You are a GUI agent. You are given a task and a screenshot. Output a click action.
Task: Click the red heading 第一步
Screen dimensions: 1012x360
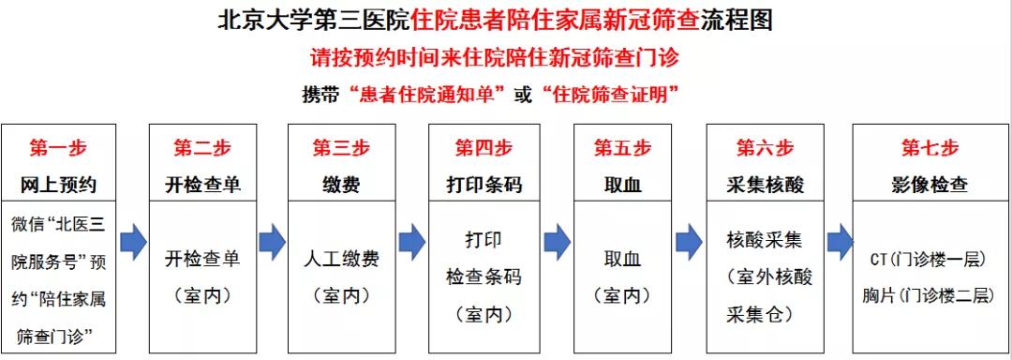point(58,148)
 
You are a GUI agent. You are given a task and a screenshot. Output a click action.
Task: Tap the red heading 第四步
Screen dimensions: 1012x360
point(484,148)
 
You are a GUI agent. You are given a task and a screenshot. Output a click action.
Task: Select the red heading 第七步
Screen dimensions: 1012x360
point(930,148)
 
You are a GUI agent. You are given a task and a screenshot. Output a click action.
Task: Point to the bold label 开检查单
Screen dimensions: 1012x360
point(201,185)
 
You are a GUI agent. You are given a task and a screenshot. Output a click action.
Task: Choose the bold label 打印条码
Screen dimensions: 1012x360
point(484,185)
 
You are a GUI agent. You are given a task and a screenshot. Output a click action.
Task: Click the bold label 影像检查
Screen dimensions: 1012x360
point(930,185)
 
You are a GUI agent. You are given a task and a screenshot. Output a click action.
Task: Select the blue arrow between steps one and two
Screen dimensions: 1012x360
point(133,241)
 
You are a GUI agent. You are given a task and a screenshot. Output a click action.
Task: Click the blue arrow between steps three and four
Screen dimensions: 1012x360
point(411,241)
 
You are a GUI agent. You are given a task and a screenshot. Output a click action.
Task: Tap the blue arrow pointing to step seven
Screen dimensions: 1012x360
point(839,241)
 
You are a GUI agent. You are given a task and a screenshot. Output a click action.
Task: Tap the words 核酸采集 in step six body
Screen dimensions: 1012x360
point(764,240)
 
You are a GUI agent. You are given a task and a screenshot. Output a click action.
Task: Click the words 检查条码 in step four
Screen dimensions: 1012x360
point(484,277)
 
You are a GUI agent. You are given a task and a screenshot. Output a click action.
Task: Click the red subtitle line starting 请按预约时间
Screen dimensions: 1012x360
point(495,57)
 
